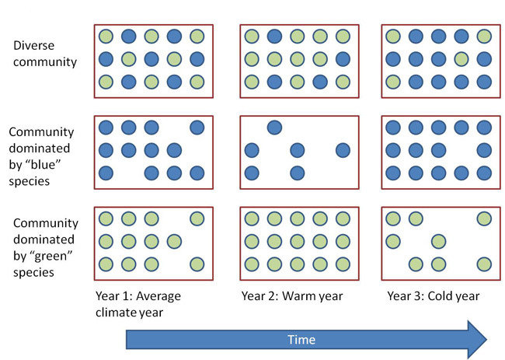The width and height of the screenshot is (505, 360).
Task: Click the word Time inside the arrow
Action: click(x=301, y=340)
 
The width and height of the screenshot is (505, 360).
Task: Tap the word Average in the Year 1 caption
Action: click(x=151, y=296)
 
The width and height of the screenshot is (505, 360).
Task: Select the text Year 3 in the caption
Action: click(x=404, y=296)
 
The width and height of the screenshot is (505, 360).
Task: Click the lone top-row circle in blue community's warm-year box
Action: click(x=274, y=128)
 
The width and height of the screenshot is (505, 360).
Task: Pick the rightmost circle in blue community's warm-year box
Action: click(x=343, y=150)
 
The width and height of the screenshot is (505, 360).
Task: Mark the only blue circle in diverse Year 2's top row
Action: click(x=274, y=36)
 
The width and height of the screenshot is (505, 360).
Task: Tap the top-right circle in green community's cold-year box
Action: click(x=485, y=218)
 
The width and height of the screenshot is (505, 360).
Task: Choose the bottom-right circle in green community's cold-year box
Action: click(x=485, y=264)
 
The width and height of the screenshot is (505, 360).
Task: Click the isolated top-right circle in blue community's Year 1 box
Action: click(x=197, y=128)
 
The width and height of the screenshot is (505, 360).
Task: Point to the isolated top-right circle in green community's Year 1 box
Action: click(x=197, y=218)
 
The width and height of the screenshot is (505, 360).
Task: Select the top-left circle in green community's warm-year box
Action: click(x=252, y=218)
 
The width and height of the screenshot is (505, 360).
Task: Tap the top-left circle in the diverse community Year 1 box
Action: click(x=106, y=36)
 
